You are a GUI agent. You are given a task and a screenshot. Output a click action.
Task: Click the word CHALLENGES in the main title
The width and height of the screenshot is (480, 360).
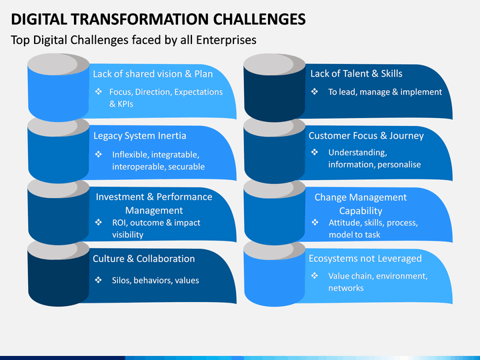pyautogui.click(x=259, y=19)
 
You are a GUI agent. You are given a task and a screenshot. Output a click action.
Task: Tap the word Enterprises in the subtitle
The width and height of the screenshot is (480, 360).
pyautogui.click(x=226, y=40)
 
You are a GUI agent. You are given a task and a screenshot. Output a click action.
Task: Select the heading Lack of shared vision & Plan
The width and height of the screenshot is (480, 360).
pyautogui.click(x=153, y=74)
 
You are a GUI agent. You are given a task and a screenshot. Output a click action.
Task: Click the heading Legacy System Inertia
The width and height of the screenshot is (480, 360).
pyautogui.click(x=139, y=136)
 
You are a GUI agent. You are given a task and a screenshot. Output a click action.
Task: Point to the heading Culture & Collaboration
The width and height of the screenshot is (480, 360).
pyautogui.click(x=143, y=259)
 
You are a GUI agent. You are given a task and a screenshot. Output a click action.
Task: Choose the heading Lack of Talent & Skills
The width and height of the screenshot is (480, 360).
pyautogui.click(x=356, y=73)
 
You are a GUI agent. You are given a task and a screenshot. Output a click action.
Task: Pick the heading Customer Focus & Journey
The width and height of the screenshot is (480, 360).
pyautogui.click(x=366, y=135)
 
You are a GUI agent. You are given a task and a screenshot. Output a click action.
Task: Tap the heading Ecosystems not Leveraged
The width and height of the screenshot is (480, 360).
pyautogui.click(x=365, y=259)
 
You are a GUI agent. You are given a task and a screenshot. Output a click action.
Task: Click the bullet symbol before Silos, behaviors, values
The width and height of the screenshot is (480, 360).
pyautogui.click(x=98, y=280)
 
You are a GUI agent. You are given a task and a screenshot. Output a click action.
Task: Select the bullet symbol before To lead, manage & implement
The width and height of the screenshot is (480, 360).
pyautogui.click(x=315, y=91)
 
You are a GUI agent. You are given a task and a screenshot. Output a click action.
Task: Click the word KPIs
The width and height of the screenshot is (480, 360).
pyautogui.click(x=125, y=104)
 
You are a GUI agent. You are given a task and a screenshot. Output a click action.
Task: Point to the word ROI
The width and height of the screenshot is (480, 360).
pyautogui.click(x=119, y=223)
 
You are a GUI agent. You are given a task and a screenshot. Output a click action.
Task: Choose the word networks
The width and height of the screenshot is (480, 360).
pyautogui.click(x=346, y=288)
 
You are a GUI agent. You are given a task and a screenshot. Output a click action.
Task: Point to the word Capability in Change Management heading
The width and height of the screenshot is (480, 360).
pyautogui.click(x=361, y=211)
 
